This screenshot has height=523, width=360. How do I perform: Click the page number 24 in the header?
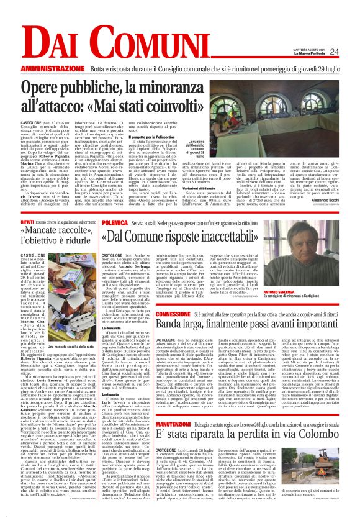pyautogui.click(x=351, y=52)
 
